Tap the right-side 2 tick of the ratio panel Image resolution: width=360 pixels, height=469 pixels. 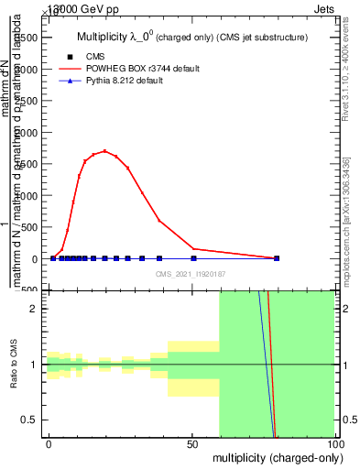click(341, 309)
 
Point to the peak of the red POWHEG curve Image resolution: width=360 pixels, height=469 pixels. click(105, 151)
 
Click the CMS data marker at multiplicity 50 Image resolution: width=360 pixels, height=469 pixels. click(193, 258)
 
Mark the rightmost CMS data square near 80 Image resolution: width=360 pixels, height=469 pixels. click(277, 258)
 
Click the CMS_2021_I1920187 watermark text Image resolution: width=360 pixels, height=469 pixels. click(191, 273)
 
